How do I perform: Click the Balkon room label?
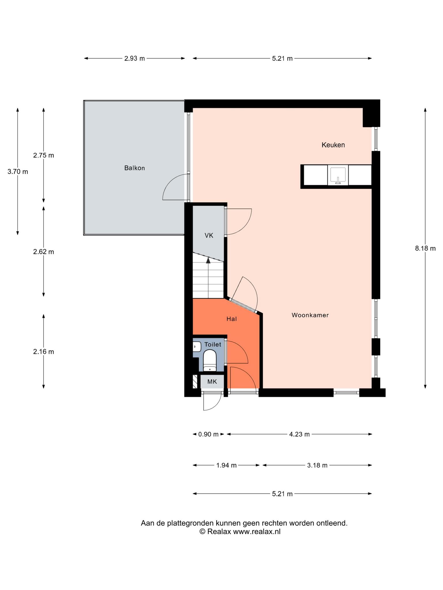point(134,168)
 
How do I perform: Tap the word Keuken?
point(333,145)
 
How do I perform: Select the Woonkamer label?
point(310,315)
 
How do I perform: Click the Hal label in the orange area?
point(232,319)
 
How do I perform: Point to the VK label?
point(209,236)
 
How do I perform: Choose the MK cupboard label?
point(212,382)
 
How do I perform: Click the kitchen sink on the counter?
point(338,175)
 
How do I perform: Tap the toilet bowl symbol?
point(210,360)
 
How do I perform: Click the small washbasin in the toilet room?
point(197,347)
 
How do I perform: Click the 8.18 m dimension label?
point(425,248)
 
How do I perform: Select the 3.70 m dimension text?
point(18,172)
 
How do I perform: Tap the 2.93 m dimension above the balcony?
point(134,58)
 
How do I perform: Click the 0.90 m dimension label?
point(208,434)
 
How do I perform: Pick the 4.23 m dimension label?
point(299,434)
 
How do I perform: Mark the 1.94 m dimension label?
point(226,465)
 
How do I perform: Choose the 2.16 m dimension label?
point(44,352)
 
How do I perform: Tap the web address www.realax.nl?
point(257,532)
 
